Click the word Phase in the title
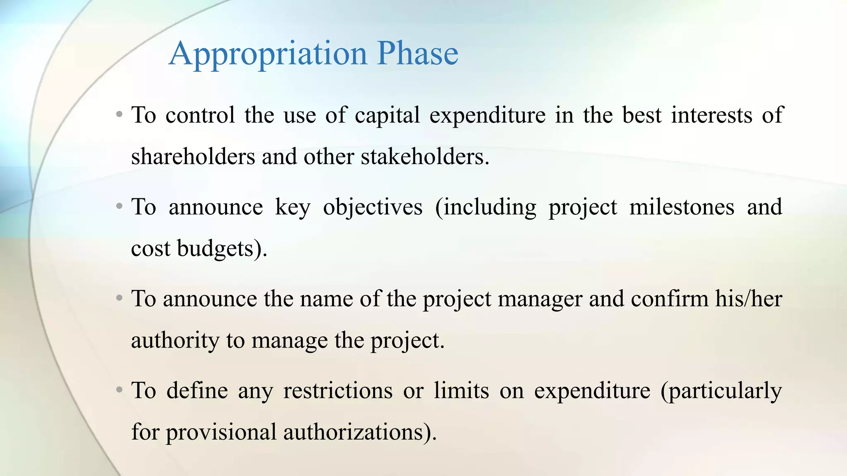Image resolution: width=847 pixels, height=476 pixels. pos(417,54)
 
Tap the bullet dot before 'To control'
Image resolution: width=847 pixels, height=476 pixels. pos(119,114)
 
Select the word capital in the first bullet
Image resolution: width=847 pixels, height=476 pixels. pos(388,115)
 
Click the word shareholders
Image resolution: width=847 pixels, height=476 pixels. pos(193,157)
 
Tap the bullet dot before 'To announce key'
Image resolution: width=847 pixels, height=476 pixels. pos(119,205)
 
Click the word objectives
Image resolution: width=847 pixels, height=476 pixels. pos(373,207)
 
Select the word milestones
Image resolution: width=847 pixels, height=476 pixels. pos(682,207)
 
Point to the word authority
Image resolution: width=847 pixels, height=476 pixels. pos(175,341)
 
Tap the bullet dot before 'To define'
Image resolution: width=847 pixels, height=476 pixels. pos(119,389)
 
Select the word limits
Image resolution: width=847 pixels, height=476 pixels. pos(462,390)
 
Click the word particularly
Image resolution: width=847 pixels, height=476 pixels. pos(721,391)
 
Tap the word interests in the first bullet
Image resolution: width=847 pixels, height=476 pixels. pos(711,115)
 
